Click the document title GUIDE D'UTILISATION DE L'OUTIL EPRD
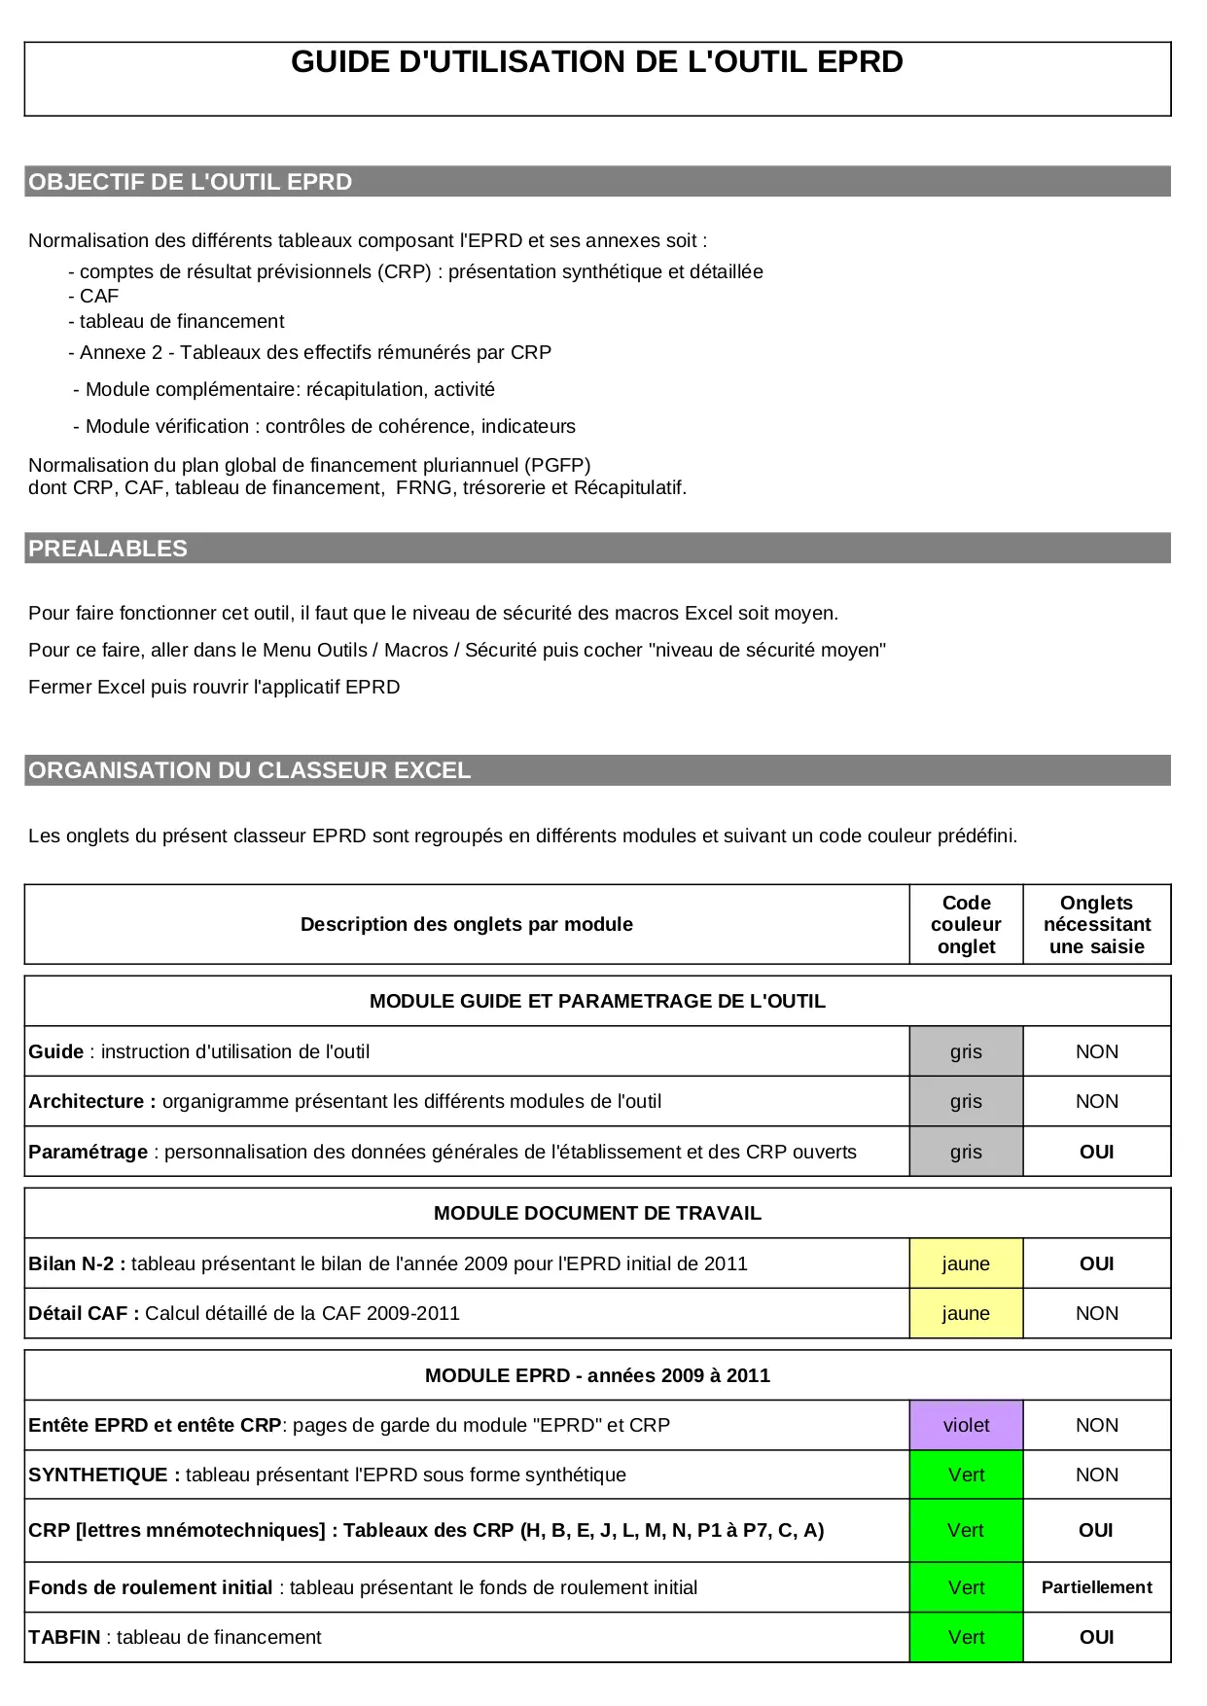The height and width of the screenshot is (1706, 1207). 596,62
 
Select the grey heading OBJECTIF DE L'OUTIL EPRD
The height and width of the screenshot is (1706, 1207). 191,182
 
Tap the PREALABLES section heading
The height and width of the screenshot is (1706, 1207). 108,549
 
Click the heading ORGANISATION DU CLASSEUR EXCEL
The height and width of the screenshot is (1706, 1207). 250,770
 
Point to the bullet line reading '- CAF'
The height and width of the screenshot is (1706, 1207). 93,296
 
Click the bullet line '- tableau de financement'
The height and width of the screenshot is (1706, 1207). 176,321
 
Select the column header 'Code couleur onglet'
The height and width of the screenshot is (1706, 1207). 966,924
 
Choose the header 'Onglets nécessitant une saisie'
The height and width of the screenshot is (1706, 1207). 1096,924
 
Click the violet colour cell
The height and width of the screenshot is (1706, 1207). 966,1425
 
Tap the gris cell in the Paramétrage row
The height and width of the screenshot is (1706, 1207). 966,1152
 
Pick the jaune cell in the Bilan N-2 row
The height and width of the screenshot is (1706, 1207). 966,1263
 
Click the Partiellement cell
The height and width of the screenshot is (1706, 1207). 1096,1587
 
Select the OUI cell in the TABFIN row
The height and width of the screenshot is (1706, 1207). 1096,1637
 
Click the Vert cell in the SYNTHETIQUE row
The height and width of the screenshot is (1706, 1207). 966,1475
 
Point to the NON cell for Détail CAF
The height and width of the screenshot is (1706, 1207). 1096,1313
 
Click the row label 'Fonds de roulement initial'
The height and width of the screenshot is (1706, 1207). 151,1587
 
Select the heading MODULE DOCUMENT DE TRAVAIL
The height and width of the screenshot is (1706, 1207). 597,1213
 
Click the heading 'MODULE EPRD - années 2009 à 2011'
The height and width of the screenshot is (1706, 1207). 597,1375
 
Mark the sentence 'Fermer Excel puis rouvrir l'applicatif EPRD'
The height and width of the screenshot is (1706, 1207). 214,687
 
